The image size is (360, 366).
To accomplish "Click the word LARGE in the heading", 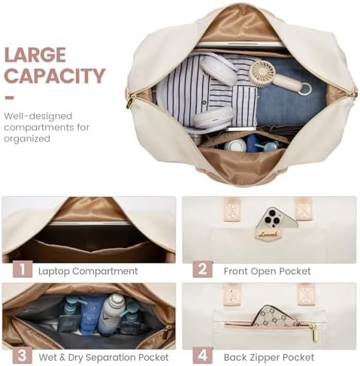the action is pos(35,55).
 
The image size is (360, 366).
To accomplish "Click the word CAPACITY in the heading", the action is pos(54,76).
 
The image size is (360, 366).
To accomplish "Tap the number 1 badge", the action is pos(23,269).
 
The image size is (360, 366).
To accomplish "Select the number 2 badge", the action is pos(202,269).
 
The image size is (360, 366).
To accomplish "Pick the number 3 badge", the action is pos(23,355).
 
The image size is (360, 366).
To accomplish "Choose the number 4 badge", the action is pos(202,355).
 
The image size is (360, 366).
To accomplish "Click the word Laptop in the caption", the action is pos(53,271).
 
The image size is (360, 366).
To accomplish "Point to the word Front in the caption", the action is pos(236,271).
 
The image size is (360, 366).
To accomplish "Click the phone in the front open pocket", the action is pos(277,218).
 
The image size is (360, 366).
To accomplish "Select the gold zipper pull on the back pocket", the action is pos(313,331).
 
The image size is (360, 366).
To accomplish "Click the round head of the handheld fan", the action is pos(263,74).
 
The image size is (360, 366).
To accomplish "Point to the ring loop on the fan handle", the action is pos(304,89).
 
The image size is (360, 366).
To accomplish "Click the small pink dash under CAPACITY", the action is pos(9,98).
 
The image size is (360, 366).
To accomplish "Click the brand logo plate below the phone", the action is pos(268,234).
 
